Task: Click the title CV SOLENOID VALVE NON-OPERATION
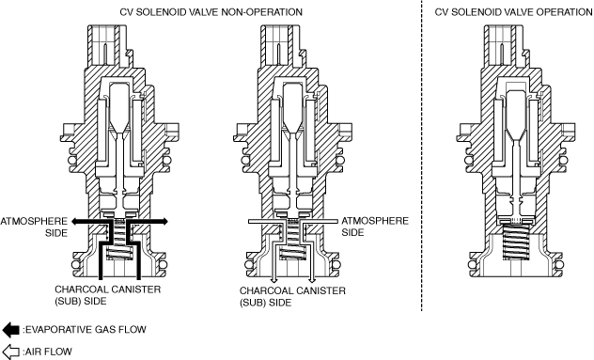pyautogui.click(x=211, y=12)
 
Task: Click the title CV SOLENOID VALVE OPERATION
pyautogui.click(x=514, y=12)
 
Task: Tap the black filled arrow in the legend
pyautogui.click(x=10, y=330)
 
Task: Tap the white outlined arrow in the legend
pyautogui.click(x=10, y=352)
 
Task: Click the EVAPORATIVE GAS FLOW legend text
pyautogui.click(x=85, y=330)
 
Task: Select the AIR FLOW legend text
pyautogui.click(x=47, y=352)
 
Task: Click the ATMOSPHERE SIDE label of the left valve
pyautogui.click(x=34, y=227)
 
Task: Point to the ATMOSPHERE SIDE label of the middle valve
pyautogui.click(x=375, y=227)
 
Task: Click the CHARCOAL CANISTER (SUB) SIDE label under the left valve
pyautogui.click(x=107, y=295)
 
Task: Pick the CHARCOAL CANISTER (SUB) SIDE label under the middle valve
pyautogui.click(x=292, y=297)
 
